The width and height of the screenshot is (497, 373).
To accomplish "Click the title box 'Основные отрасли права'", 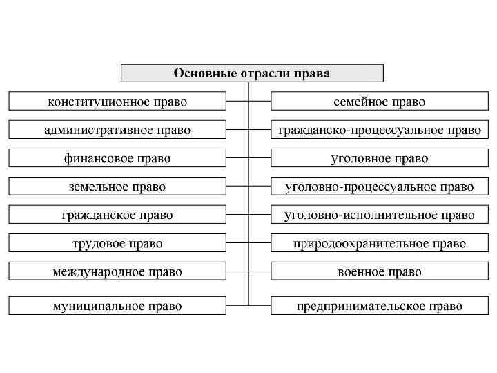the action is (252, 73).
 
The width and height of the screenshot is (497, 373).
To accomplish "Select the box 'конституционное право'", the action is (117, 102).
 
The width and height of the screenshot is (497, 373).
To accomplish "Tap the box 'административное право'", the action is (117, 130).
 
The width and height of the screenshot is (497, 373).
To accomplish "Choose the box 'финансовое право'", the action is (117, 158).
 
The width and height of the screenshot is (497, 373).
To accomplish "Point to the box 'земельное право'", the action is (117, 186).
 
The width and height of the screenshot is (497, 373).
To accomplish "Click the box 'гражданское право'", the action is (117, 215).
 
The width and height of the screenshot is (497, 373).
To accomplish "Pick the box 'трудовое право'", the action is (117, 243).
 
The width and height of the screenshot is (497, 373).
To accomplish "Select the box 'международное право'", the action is (117, 271).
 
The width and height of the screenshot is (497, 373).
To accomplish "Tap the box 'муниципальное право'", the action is (117, 305).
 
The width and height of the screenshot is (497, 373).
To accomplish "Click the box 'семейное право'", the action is (380, 102).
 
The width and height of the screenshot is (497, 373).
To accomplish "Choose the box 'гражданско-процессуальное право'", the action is (380, 130).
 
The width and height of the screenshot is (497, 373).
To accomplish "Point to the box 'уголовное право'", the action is (380, 158).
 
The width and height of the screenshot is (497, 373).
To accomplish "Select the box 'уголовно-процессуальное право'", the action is (380, 186).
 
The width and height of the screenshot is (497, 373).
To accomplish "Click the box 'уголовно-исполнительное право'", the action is (380, 215).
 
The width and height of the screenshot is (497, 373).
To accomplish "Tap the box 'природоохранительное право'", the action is (380, 243).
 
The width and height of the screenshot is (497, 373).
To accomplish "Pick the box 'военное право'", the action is (380, 271).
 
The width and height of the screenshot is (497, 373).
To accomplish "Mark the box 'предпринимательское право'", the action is (380, 305).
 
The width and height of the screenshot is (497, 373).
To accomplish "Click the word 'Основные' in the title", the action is (200, 73).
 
